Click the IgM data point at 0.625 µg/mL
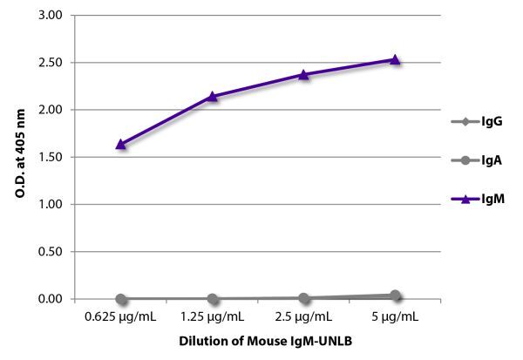[120, 144]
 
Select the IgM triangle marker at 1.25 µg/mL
[212, 96]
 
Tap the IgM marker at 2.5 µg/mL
[303, 74]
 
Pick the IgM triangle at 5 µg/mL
[395, 59]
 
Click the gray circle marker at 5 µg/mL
[395, 295]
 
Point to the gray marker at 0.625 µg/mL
[120, 299]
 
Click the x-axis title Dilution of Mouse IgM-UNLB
[258, 342]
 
